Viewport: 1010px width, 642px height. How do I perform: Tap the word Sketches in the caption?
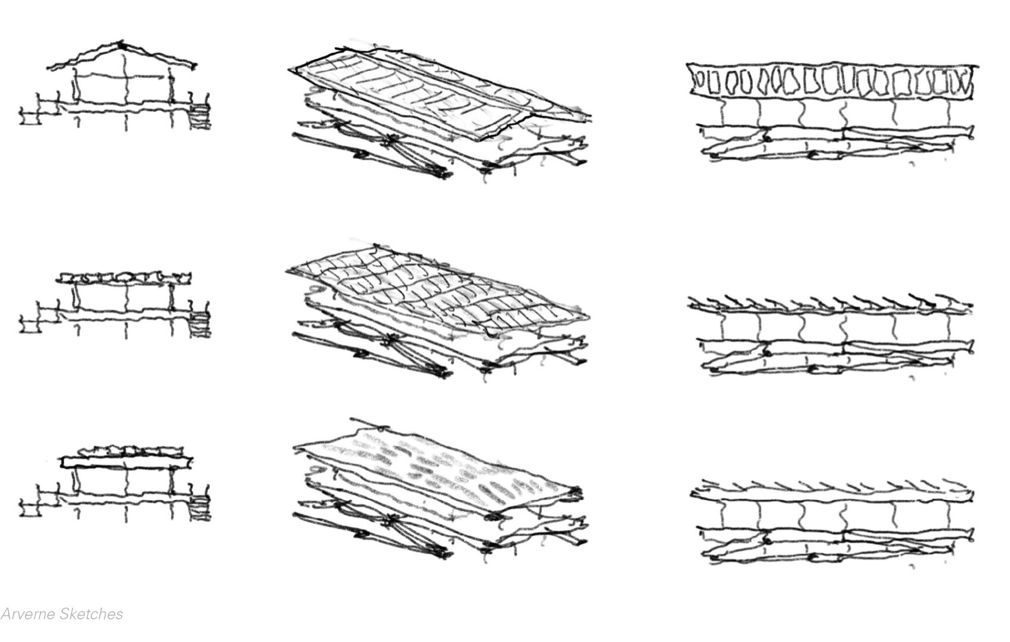click(91, 614)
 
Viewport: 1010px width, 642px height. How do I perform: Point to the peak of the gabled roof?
click(122, 45)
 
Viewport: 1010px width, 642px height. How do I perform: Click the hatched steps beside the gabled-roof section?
click(201, 115)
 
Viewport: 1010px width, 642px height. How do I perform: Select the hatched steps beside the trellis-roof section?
click(201, 325)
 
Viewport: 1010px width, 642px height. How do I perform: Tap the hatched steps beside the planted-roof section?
click(201, 507)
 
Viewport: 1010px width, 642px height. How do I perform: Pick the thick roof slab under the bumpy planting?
click(126, 462)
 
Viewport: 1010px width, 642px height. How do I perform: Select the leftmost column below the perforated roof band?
click(722, 112)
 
